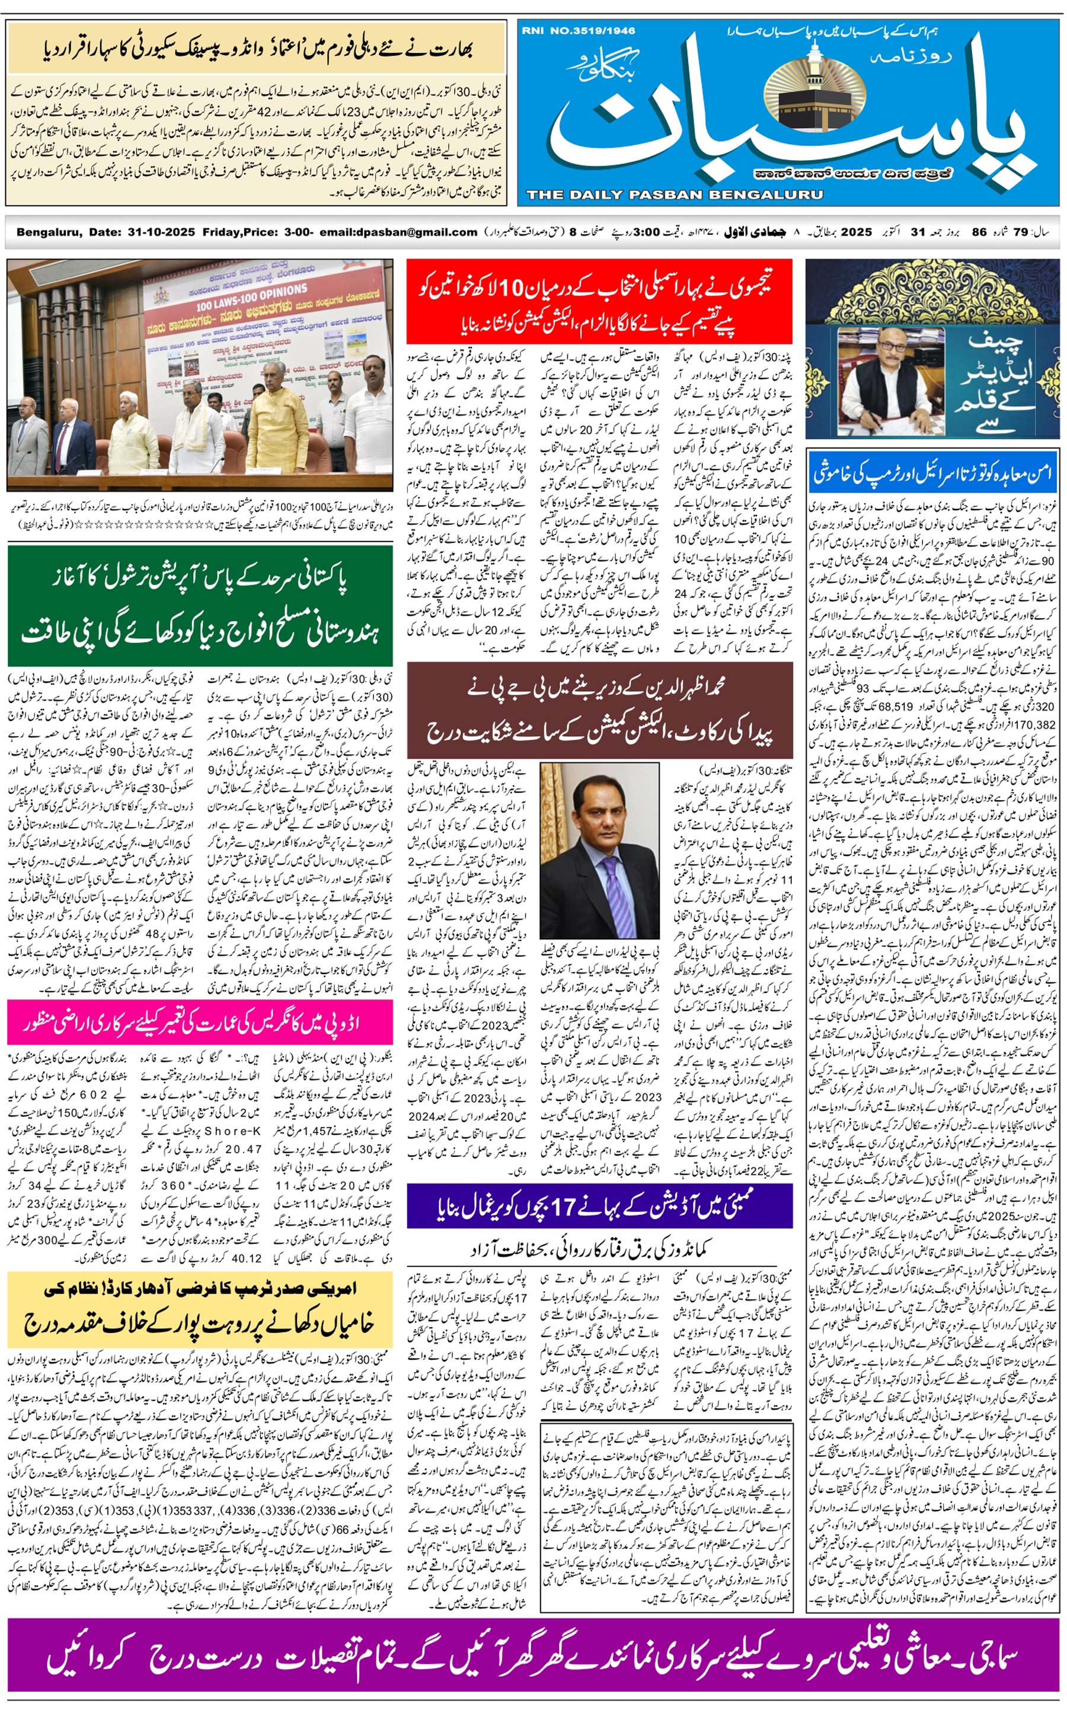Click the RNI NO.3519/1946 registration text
pyautogui.click(x=578, y=31)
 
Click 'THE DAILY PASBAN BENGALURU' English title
pyautogui.click(x=674, y=195)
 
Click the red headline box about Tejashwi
pyautogui.click(x=599, y=302)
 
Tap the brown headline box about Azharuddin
pyautogui.click(x=599, y=710)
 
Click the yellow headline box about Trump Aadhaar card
pyautogui.click(x=200, y=1310)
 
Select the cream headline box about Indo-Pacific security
pyautogui.click(x=256, y=49)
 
